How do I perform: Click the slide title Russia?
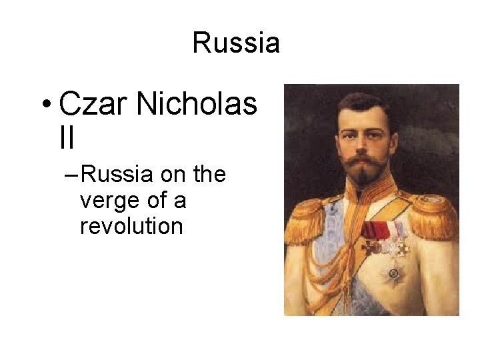(236, 43)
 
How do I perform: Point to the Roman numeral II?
(67, 138)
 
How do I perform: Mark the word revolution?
(131, 227)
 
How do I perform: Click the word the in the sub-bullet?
(209, 176)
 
